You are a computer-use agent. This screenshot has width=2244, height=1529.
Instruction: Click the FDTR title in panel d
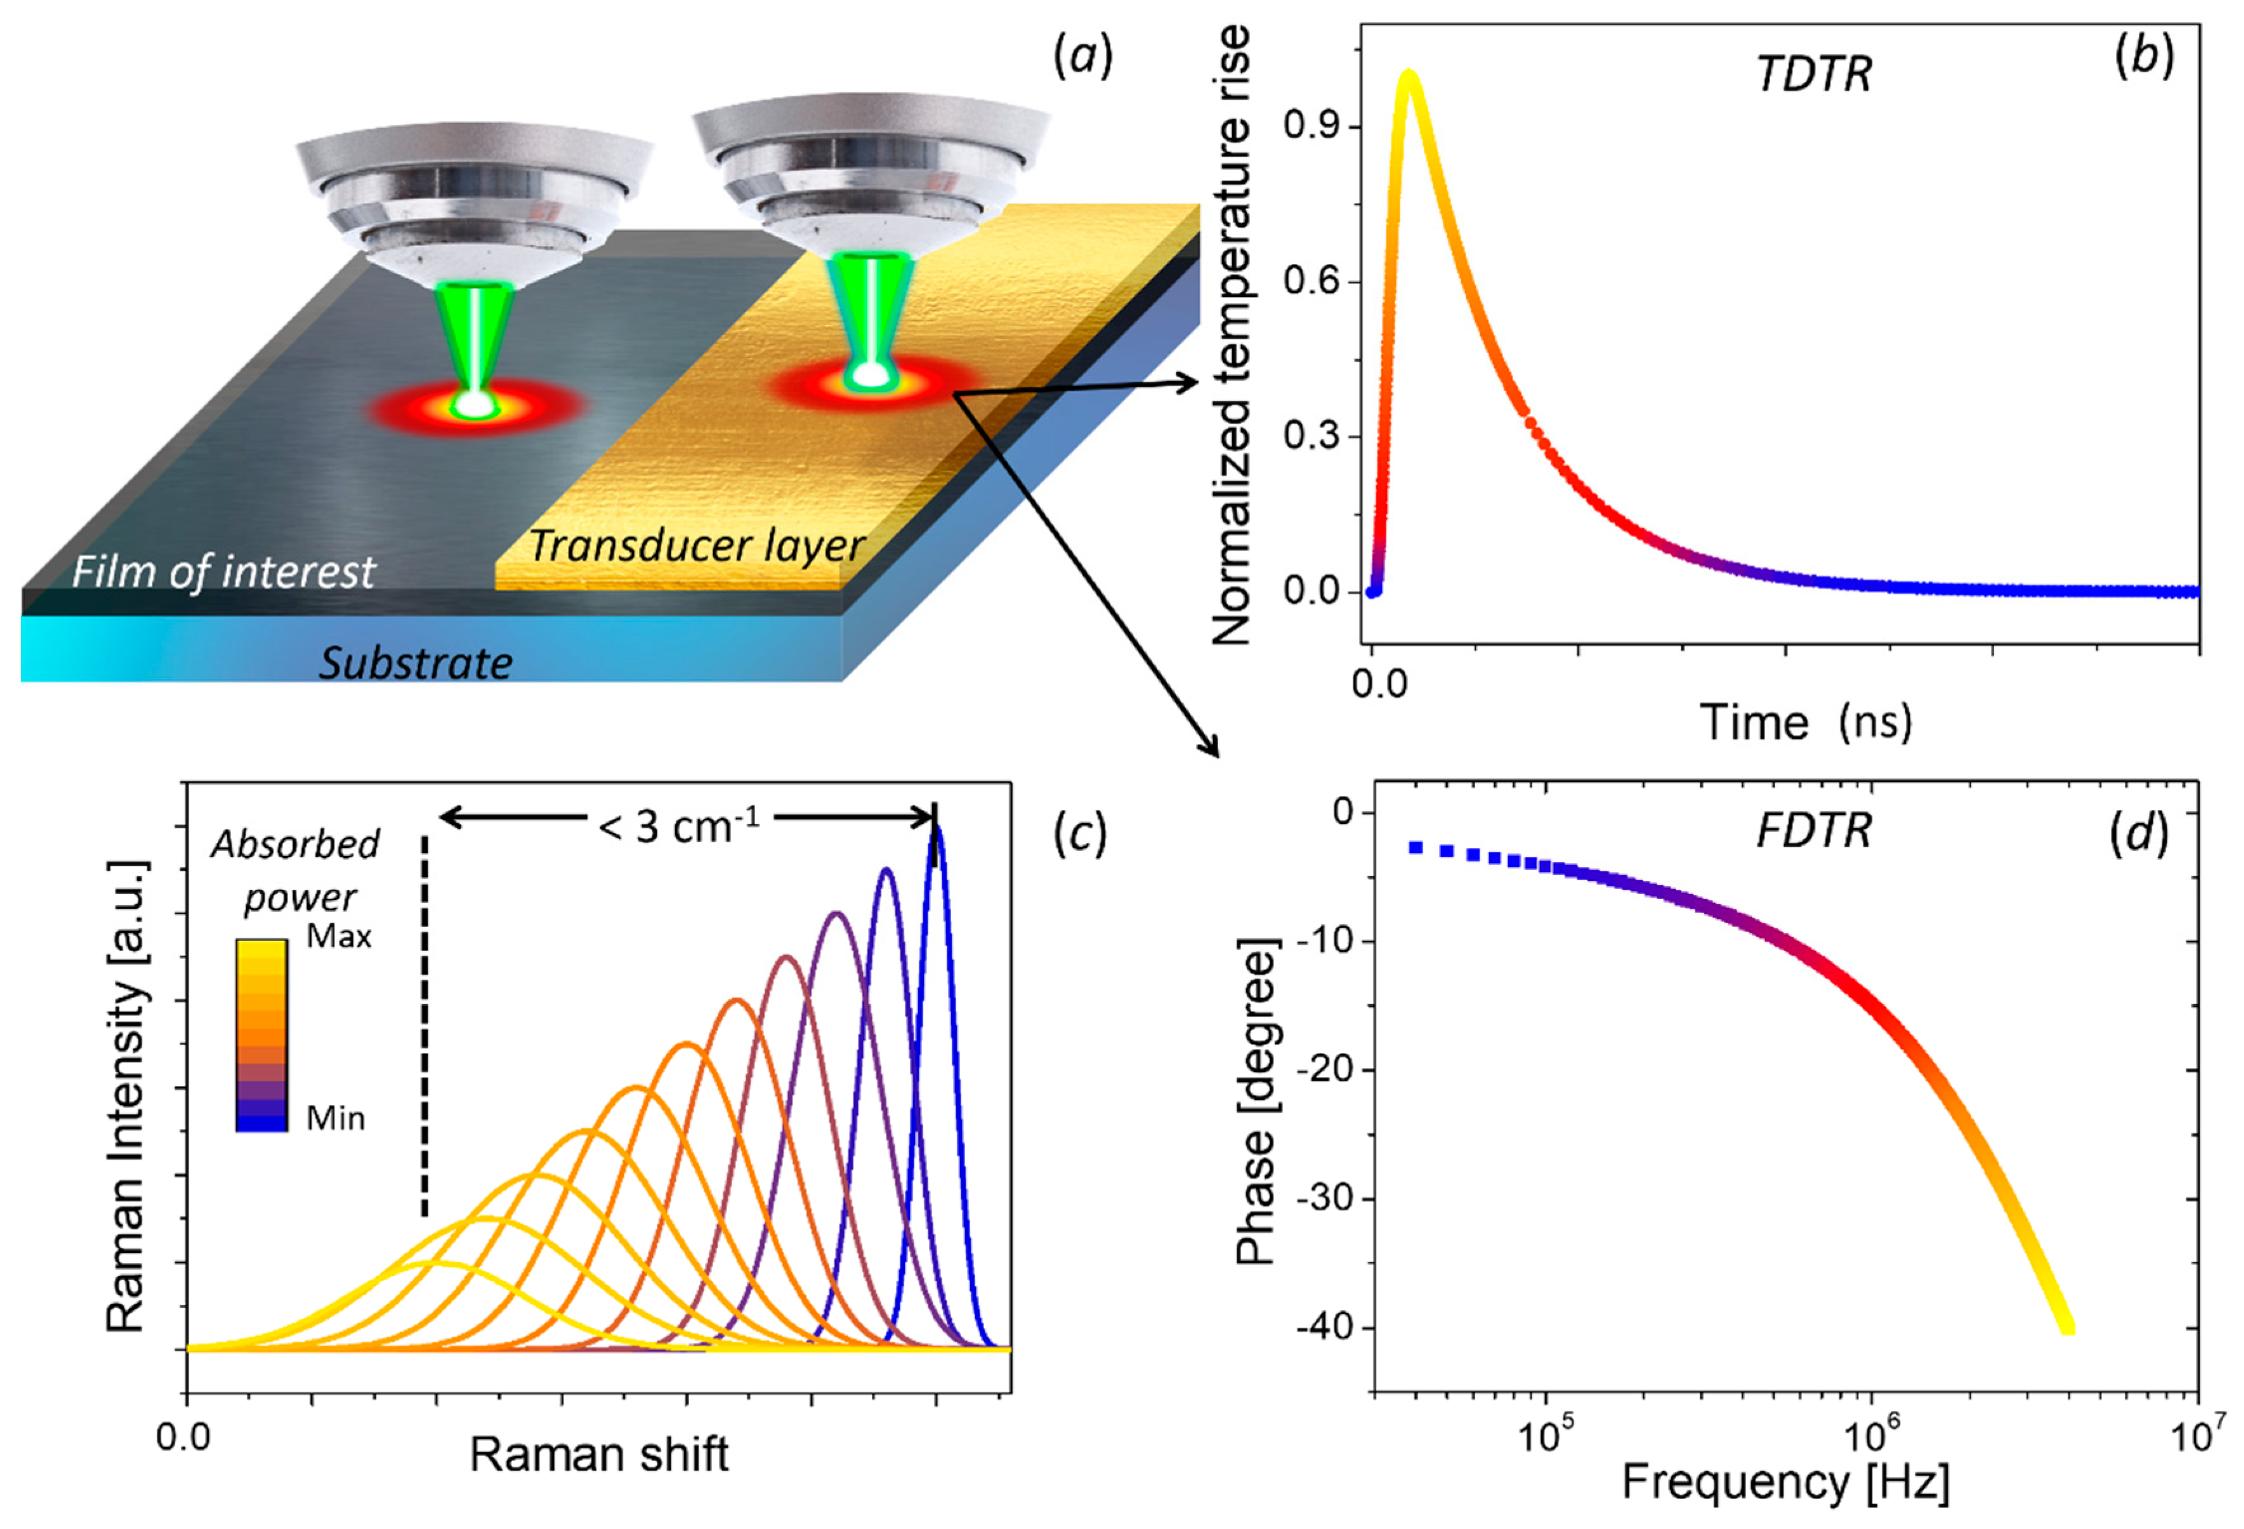[1813, 831]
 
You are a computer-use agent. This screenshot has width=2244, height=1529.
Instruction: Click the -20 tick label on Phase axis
[1325, 1071]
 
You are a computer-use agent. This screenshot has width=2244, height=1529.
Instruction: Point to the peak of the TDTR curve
[1409, 75]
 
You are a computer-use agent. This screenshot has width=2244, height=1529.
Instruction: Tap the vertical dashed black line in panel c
[424, 1023]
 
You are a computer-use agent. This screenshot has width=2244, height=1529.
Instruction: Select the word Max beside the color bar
[338, 936]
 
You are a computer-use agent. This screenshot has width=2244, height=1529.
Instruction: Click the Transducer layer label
[695, 546]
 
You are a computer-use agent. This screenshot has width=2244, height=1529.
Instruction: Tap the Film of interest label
[222, 572]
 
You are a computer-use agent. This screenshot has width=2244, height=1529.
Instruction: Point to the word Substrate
[415, 663]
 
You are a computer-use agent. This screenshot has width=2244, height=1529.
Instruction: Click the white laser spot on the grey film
[474, 404]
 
